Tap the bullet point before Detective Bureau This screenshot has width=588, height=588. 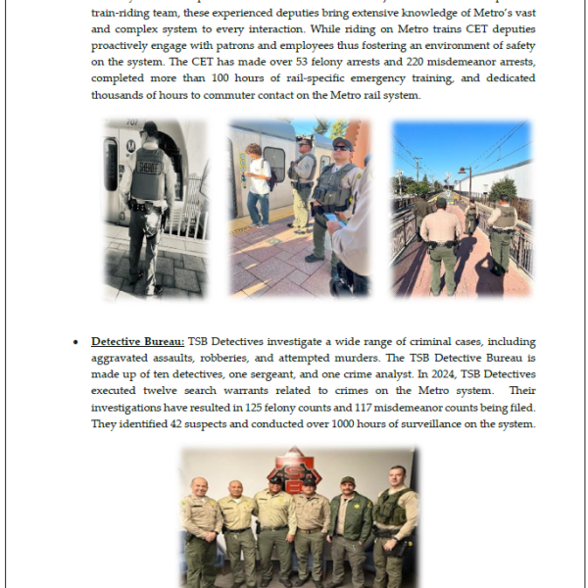(x=75, y=342)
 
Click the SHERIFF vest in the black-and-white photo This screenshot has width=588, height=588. (x=147, y=174)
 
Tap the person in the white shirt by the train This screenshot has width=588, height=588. (x=259, y=186)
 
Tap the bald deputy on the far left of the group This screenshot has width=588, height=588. (x=199, y=519)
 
